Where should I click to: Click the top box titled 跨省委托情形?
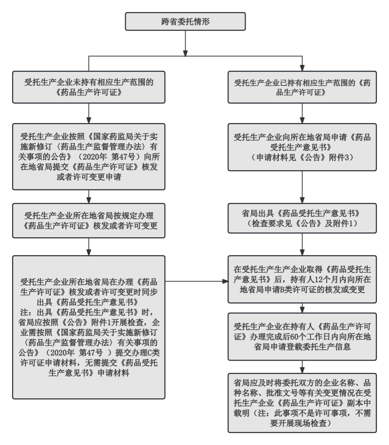pyautogui.click(x=185, y=21)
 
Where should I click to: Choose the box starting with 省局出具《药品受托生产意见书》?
pyautogui.click(x=302, y=219)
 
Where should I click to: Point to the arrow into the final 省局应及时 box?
pyautogui.click(x=302, y=365)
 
